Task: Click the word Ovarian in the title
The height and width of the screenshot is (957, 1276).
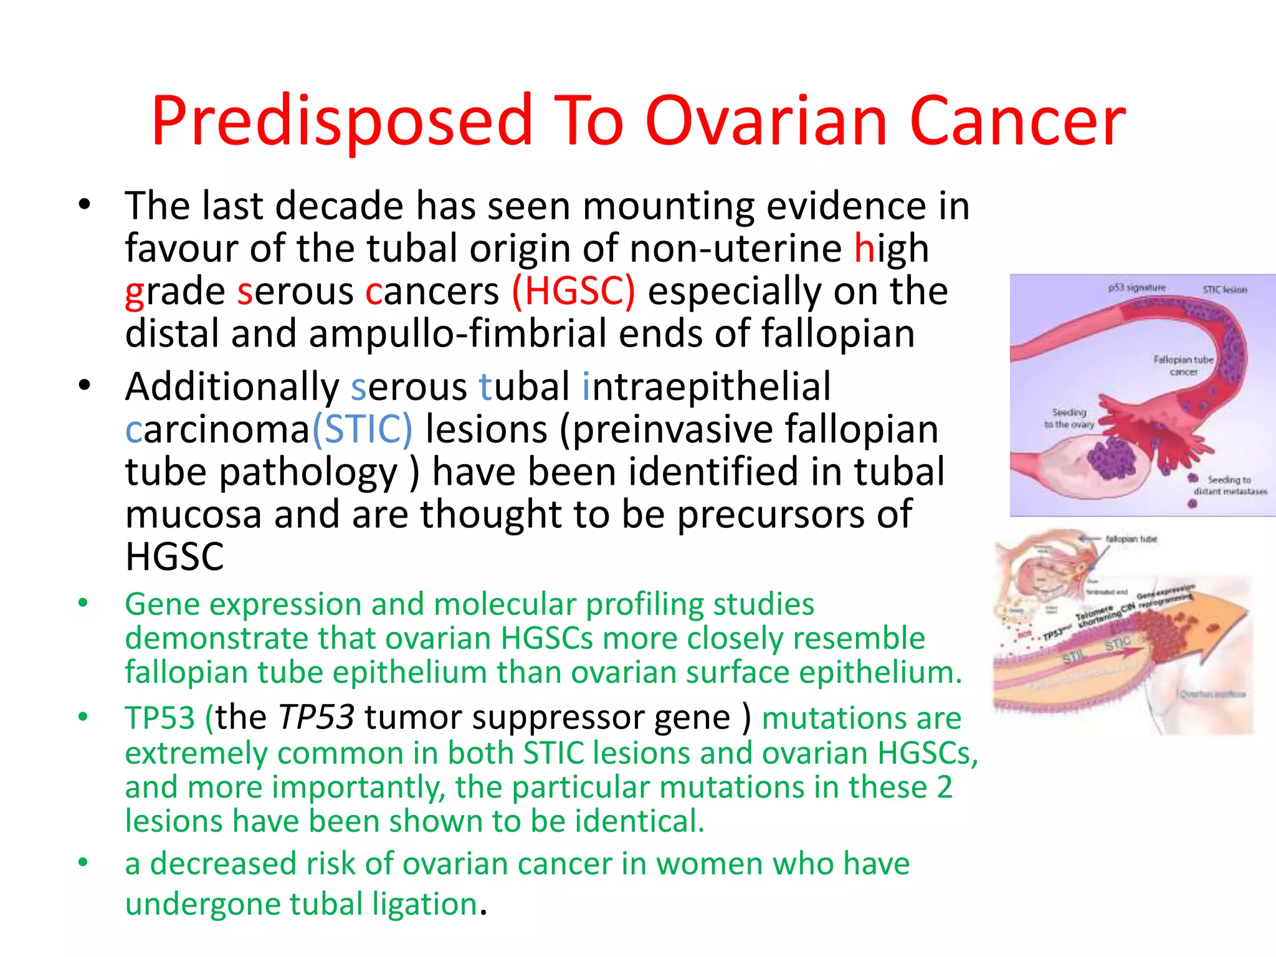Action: coord(766,121)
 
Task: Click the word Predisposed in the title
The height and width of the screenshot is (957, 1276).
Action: coord(341,121)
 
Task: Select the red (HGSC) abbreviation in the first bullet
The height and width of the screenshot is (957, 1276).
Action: coord(574,291)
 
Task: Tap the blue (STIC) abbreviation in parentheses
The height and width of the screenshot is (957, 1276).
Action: coord(363,429)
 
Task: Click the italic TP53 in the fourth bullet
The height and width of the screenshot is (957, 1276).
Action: coord(317,717)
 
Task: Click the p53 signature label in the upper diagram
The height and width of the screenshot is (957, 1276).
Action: coord(1136,288)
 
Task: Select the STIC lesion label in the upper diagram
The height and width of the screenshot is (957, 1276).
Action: coord(1224,290)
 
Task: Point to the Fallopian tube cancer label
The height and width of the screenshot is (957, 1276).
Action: coord(1183,366)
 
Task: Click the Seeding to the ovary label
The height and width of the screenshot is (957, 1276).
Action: coord(1069,418)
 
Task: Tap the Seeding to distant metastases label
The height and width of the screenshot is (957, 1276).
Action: coord(1230,485)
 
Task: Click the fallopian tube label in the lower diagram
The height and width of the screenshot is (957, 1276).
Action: coord(1131,539)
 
